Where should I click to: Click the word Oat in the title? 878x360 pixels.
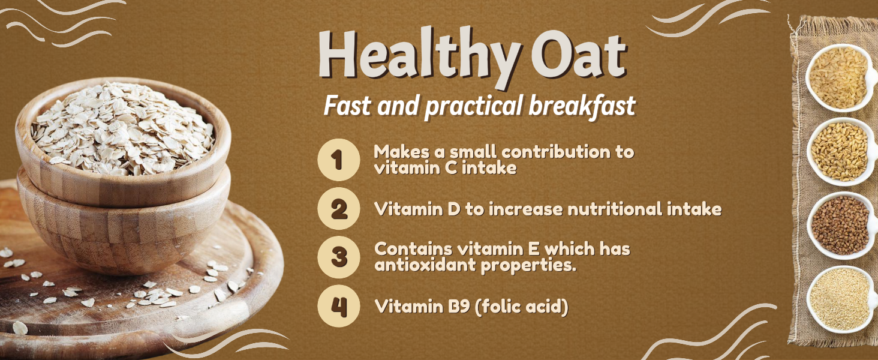pyautogui.click(x=579, y=55)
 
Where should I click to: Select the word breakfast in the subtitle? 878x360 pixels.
pyautogui.click(x=582, y=106)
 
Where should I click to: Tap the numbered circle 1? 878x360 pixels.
pyautogui.click(x=339, y=160)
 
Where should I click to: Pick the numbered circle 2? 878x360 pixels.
pyautogui.click(x=339, y=209)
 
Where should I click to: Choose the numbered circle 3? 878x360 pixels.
pyautogui.click(x=339, y=257)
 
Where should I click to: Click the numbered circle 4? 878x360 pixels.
pyautogui.click(x=339, y=306)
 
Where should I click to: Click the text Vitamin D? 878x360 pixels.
pyautogui.click(x=417, y=209)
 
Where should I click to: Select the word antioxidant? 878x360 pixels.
pyautogui.click(x=425, y=265)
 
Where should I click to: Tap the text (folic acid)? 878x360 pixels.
pyautogui.click(x=521, y=306)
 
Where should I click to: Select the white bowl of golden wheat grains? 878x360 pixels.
pyautogui.click(x=841, y=151)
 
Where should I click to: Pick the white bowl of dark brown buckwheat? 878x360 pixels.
pyautogui.click(x=841, y=226)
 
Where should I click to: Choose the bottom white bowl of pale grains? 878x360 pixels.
pyautogui.click(x=841, y=299)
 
